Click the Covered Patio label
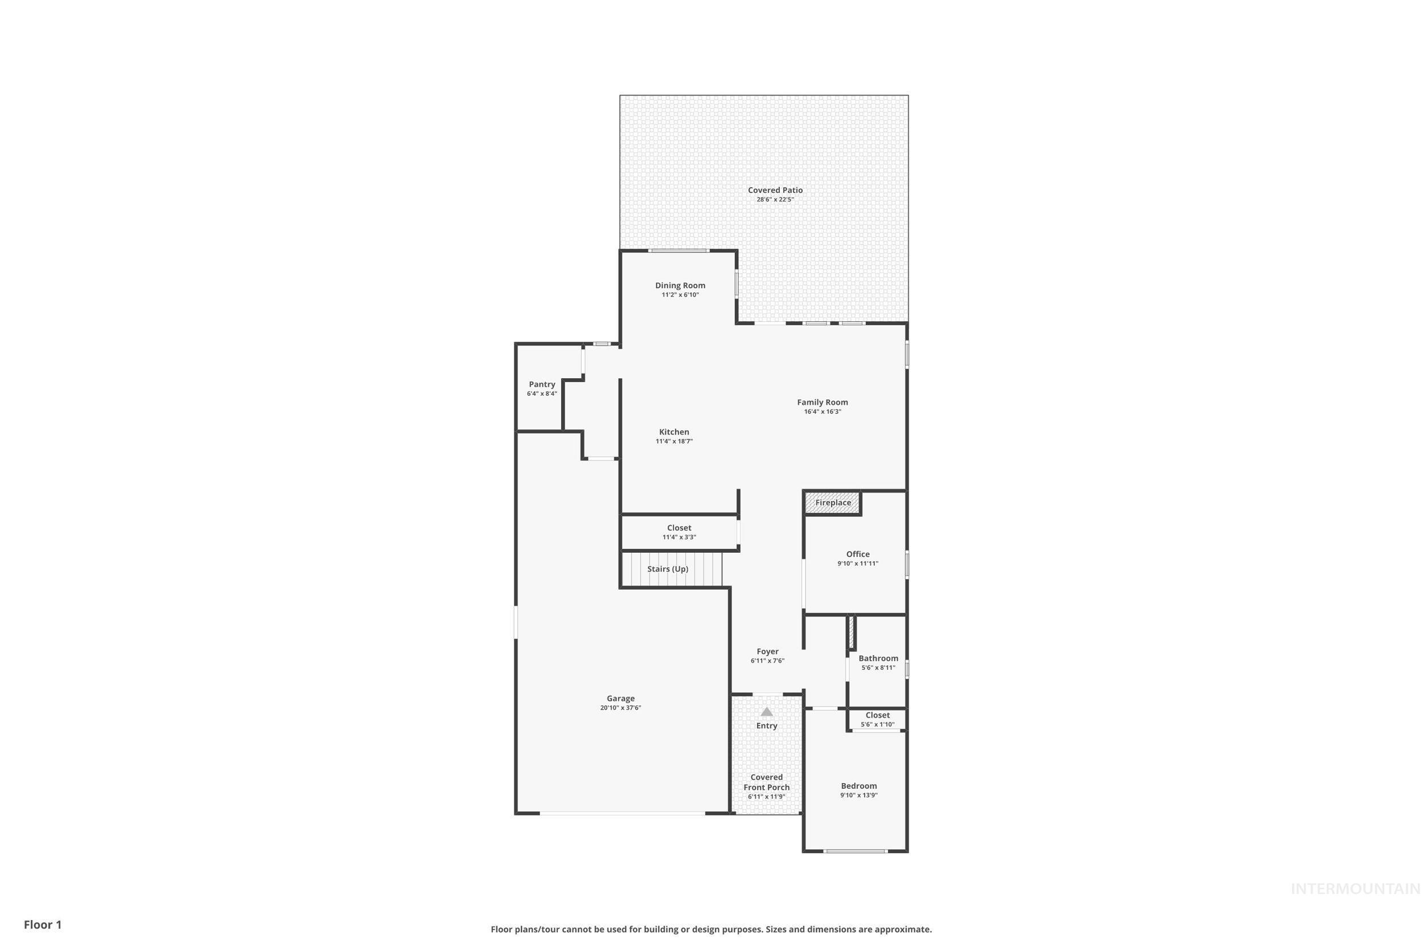click(775, 190)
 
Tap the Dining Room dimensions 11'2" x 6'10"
click(680, 295)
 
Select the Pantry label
click(541, 384)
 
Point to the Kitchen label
click(674, 432)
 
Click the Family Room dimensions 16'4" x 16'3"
click(822, 412)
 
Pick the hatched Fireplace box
click(833, 502)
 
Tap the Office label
click(857, 554)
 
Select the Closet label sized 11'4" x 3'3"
click(679, 528)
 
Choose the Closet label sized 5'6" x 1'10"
click(877, 715)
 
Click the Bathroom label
click(878, 659)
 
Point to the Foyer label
click(767, 651)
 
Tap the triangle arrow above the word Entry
click(767, 711)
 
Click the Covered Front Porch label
click(767, 783)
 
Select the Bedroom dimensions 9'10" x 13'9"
click(858, 796)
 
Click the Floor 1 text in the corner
click(43, 925)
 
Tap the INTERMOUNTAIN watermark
click(1355, 889)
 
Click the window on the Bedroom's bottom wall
click(856, 851)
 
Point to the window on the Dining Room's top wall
click(679, 250)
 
